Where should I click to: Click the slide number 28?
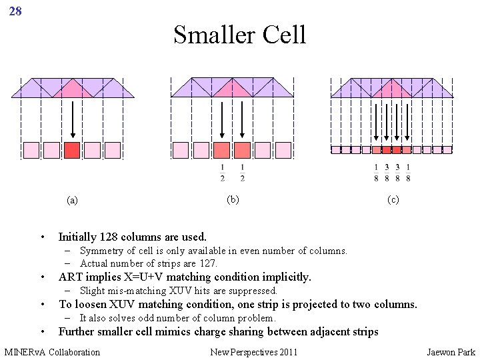[x=15, y=11]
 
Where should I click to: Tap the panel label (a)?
[x=73, y=200]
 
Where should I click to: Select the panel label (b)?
[x=233, y=199]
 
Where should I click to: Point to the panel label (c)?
[x=393, y=199]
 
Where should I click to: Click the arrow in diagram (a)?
[x=72, y=119]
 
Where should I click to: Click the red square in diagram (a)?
[x=72, y=150]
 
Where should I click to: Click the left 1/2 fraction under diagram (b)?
[x=223, y=172]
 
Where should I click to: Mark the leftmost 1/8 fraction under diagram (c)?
[x=376, y=172]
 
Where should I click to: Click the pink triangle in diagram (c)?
[x=392, y=89]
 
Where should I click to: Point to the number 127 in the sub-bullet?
[x=207, y=263]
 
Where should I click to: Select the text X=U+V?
[x=141, y=277]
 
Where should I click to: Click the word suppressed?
[x=253, y=291]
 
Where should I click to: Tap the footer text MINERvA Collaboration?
[x=52, y=351]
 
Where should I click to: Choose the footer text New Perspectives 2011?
[x=254, y=351]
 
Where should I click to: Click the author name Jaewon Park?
[x=451, y=351]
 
